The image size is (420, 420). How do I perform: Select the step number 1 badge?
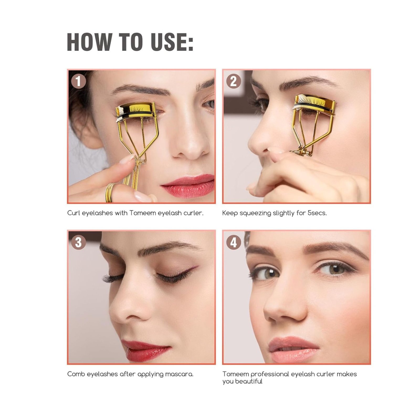coord(78,81)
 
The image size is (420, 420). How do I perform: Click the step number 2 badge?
coord(233,81)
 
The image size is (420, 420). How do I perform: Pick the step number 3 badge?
coord(78,242)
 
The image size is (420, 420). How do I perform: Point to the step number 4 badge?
coord(233,242)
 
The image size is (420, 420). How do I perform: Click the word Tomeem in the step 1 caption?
coord(142,213)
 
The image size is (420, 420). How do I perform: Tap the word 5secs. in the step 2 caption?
coord(317,213)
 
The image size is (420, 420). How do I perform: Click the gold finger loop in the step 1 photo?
coord(110,193)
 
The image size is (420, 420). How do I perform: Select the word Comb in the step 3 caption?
coord(76,374)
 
